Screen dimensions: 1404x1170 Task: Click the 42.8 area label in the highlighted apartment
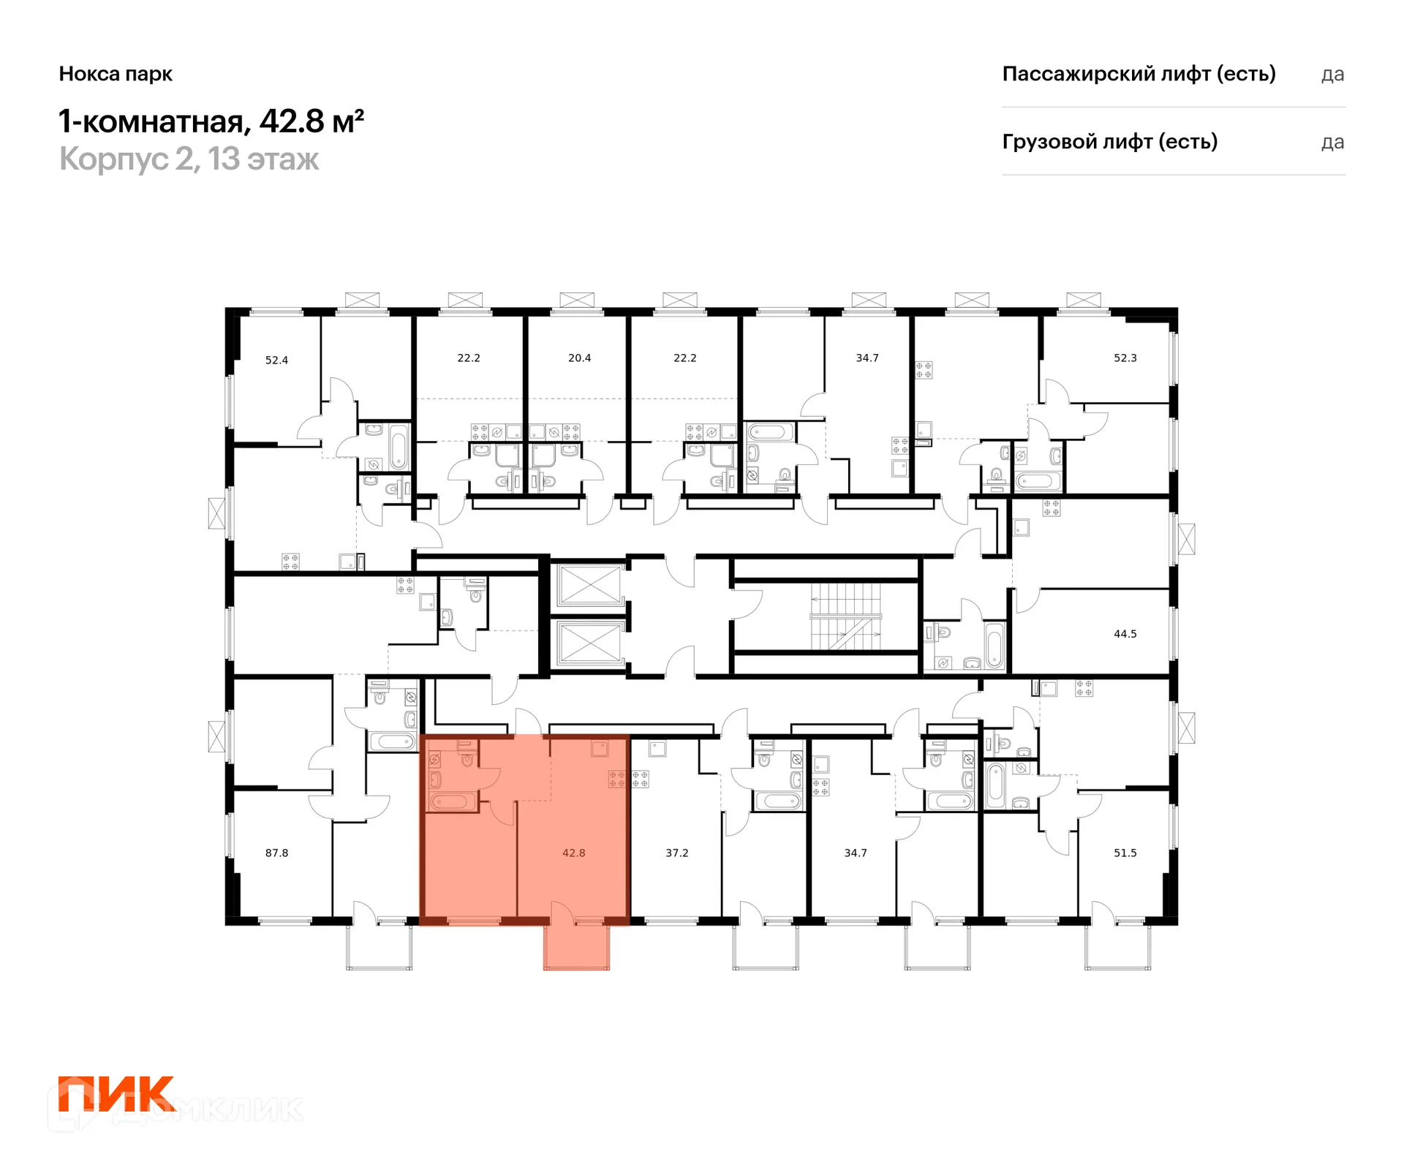(x=573, y=853)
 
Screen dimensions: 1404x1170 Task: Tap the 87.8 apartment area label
(x=276, y=853)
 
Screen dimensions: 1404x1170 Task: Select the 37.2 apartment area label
(x=676, y=853)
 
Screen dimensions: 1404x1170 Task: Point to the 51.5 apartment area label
(x=1125, y=853)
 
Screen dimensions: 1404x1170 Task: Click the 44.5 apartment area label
(x=1125, y=634)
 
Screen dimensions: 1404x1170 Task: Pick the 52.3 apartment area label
(x=1125, y=358)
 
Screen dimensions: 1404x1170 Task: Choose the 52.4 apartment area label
(x=276, y=360)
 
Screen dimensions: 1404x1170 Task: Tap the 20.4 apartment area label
(x=579, y=358)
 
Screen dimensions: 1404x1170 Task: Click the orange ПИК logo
(x=117, y=1093)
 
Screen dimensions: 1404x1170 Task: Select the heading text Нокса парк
(x=116, y=74)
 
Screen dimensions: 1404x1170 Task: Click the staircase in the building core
(x=845, y=616)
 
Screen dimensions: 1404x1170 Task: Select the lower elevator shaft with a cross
(x=589, y=643)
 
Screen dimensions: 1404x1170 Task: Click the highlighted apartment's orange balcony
(x=576, y=947)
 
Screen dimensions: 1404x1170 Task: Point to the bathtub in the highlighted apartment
(x=452, y=801)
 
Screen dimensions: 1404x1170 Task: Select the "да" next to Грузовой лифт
(x=1332, y=143)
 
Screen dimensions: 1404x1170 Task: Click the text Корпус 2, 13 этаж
(x=189, y=159)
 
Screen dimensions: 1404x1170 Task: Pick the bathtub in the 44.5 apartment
(x=994, y=646)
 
